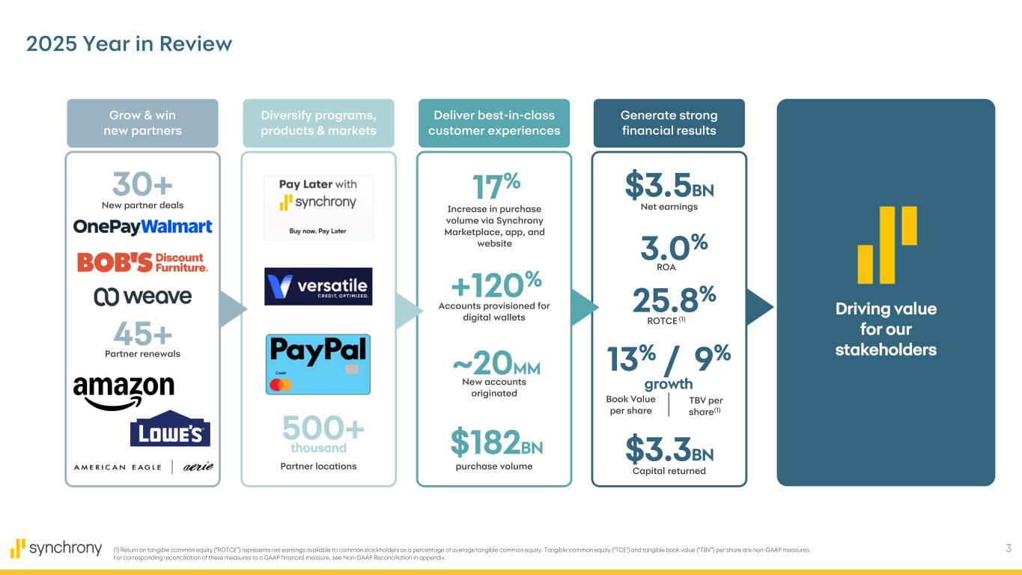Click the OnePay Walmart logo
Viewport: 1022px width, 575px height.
pyautogui.click(x=143, y=227)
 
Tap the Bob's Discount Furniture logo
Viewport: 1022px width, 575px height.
pyautogui.click(x=142, y=262)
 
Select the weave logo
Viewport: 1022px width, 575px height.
pyautogui.click(x=143, y=296)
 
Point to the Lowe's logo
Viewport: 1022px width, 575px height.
pyautogui.click(x=170, y=428)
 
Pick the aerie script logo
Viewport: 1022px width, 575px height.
pyautogui.click(x=198, y=466)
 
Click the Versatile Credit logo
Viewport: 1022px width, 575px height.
pyautogui.click(x=318, y=287)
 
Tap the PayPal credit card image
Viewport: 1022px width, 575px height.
pyautogui.click(x=318, y=364)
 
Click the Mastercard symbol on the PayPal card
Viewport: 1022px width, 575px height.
pyautogui.click(x=281, y=385)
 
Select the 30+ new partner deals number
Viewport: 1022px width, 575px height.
pyautogui.click(x=142, y=184)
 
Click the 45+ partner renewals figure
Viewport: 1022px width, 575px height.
pyautogui.click(x=142, y=334)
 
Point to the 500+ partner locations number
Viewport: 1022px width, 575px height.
pyautogui.click(x=323, y=428)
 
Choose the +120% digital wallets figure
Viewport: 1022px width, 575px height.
pyautogui.click(x=496, y=284)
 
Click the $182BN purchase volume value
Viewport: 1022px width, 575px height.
pyautogui.click(x=497, y=442)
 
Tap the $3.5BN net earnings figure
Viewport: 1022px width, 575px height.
pyautogui.click(x=669, y=185)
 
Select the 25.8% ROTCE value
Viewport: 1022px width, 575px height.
pyautogui.click(x=675, y=299)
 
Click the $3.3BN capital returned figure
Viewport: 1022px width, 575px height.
pyautogui.click(x=669, y=449)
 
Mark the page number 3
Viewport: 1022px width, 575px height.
pyautogui.click(x=1009, y=548)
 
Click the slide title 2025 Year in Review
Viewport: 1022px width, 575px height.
pyautogui.click(x=129, y=44)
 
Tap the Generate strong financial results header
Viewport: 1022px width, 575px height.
pyautogui.click(x=669, y=123)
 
